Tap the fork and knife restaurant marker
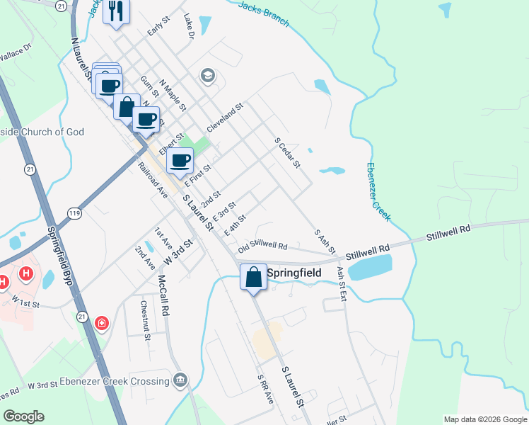[x=116, y=12]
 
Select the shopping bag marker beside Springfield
[x=254, y=276]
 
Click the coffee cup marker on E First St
[x=180, y=160]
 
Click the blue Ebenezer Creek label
[x=378, y=191]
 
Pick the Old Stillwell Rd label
[x=262, y=246]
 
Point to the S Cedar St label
[x=288, y=153]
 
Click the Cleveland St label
[x=225, y=117]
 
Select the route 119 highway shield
[x=74, y=212]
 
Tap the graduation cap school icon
[x=208, y=74]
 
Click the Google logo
[x=23, y=416]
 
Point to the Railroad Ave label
[x=152, y=180]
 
